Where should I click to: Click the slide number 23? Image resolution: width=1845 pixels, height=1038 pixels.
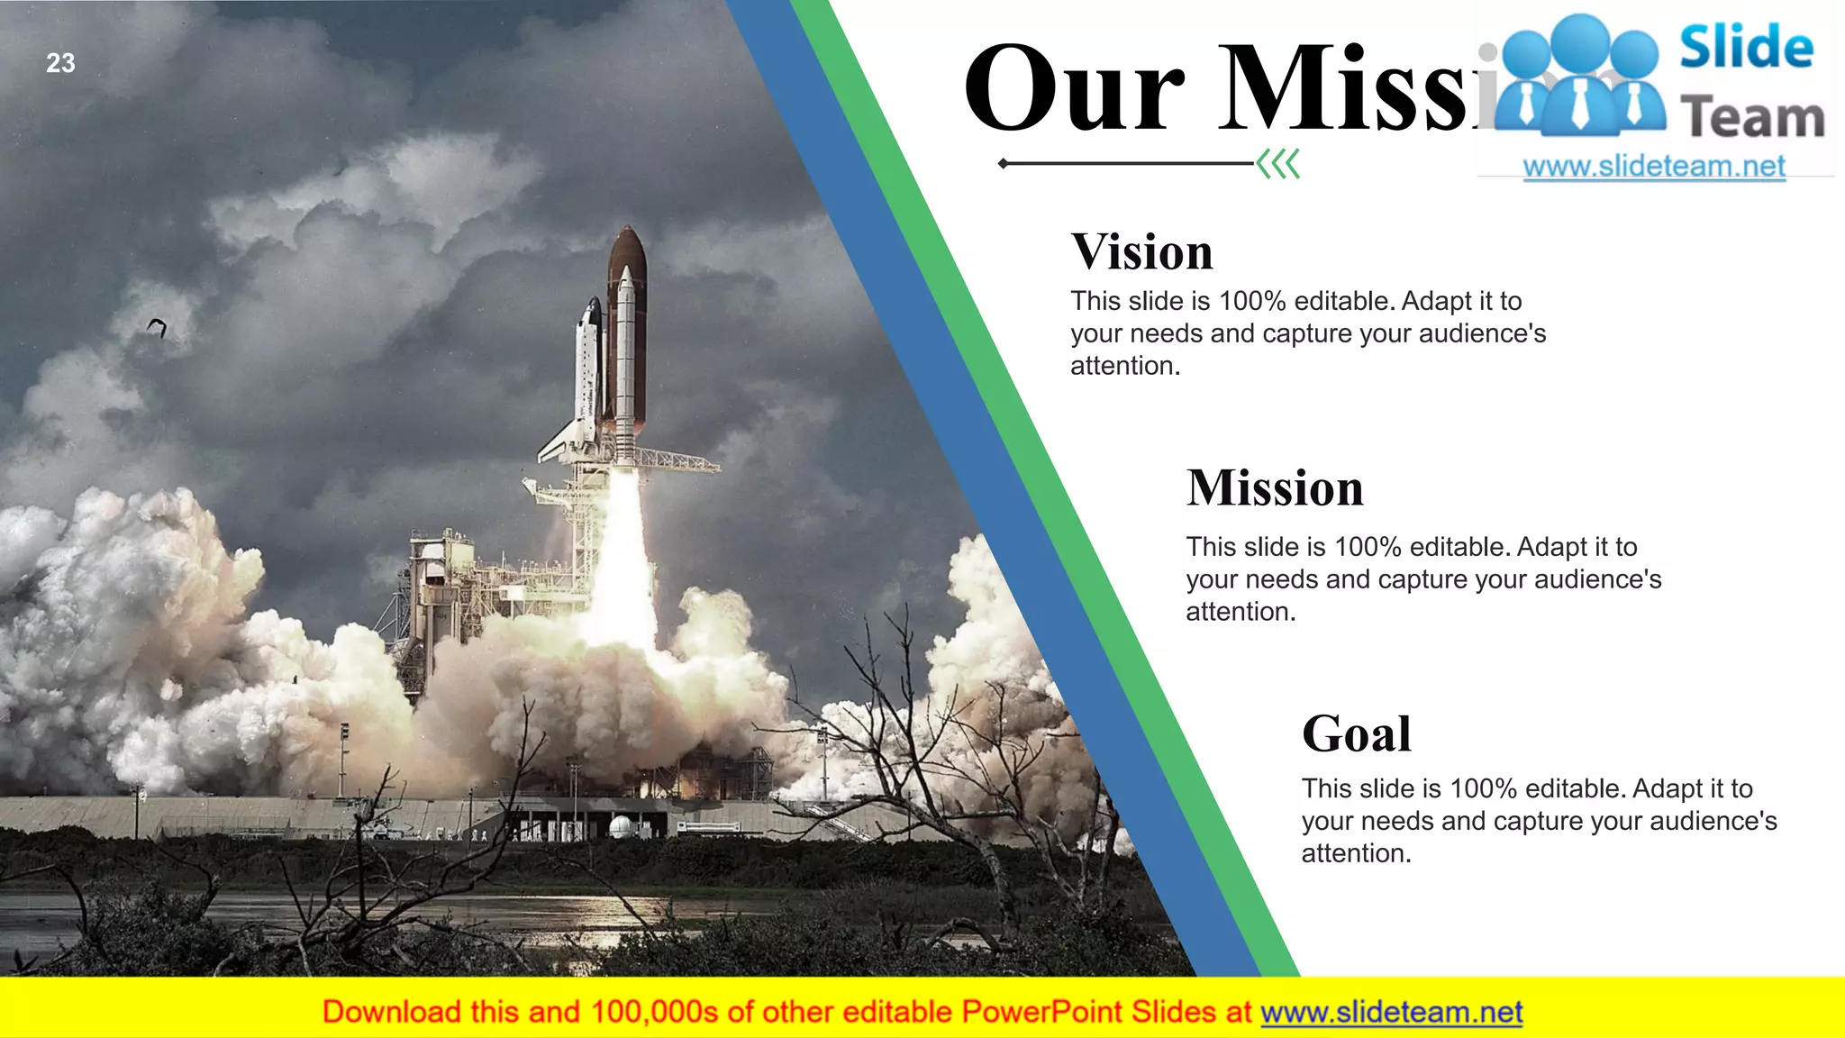[x=60, y=63]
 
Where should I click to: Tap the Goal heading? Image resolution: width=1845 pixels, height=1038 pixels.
[x=1356, y=733]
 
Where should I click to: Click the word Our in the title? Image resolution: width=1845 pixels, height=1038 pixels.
[x=1073, y=90]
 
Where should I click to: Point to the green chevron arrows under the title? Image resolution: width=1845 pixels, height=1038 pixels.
[x=1278, y=164]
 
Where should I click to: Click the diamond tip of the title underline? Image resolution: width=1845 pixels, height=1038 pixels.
[x=1004, y=164]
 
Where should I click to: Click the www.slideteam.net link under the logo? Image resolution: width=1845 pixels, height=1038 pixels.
[x=1653, y=167]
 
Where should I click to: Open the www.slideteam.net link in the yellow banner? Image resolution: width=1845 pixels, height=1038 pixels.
[x=1391, y=1012]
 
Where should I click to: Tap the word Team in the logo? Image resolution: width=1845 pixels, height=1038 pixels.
[x=1752, y=118]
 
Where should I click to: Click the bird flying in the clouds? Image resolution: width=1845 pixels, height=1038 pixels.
[x=158, y=327]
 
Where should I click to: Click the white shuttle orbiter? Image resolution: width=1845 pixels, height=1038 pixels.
[x=586, y=378]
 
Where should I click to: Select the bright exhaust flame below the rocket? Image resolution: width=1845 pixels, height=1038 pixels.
[x=623, y=559]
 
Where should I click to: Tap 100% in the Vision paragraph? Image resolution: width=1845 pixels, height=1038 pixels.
[x=1252, y=301]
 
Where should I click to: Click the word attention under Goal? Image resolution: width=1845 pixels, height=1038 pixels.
[x=1354, y=853]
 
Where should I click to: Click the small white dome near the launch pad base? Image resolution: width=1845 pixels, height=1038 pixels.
[x=620, y=826]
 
